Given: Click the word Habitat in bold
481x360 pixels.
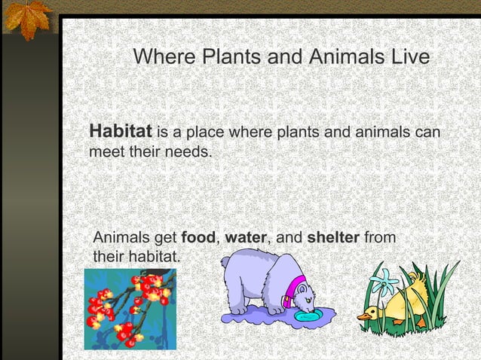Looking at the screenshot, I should [121, 131].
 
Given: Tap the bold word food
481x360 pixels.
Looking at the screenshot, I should [199, 239].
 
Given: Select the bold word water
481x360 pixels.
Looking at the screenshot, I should [246, 239].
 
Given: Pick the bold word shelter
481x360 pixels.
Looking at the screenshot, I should [333, 239].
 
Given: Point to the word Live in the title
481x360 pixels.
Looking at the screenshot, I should [408, 57].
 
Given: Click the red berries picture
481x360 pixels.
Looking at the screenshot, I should [130, 309].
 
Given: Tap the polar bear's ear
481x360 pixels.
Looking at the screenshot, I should [226, 263].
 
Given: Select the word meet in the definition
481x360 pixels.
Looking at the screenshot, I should [106, 152].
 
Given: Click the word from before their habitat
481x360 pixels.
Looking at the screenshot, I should [379, 239].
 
